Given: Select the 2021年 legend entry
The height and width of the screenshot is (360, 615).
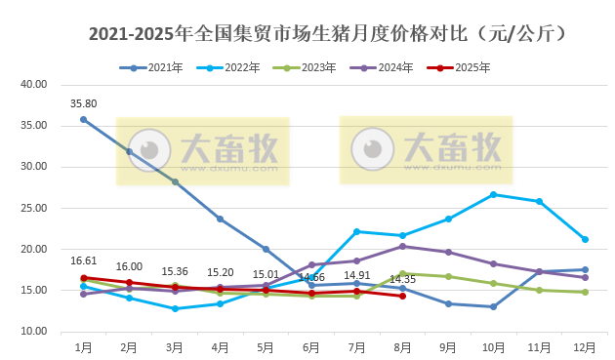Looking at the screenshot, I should [x=156, y=67].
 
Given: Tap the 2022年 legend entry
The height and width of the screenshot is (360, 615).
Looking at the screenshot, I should [x=233, y=67].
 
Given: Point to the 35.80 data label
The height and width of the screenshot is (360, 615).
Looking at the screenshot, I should [x=83, y=102].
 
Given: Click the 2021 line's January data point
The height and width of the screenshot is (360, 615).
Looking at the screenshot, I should [x=83, y=119].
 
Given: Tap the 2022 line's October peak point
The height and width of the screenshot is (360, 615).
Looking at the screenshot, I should [x=493, y=194].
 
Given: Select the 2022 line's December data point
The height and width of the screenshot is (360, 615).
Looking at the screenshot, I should [x=584, y=239].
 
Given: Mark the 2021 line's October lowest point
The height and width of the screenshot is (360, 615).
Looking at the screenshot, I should [x=493, y=307].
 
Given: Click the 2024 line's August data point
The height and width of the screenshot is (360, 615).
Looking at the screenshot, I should [x=402, y=246].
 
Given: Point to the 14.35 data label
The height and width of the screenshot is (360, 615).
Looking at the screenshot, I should [x=402, y=280].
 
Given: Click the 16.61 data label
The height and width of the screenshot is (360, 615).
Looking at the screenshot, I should [x=83, y=260].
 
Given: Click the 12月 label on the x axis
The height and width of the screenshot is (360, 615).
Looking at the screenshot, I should [x=584, y=346].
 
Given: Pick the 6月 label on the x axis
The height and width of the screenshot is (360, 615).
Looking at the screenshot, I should [x=310, y=346].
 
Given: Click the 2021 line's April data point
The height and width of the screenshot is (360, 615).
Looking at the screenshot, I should [x=220, y=219].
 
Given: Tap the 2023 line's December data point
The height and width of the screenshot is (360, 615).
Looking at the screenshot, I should [x=584, y=292].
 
